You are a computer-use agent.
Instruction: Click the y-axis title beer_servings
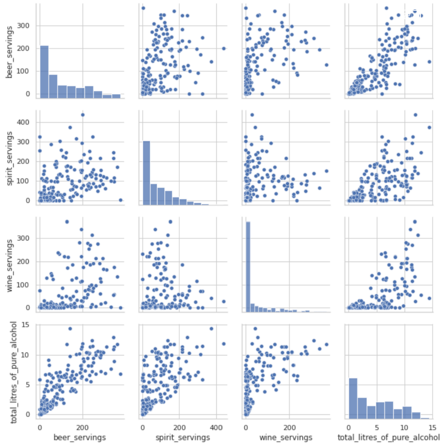click(x=9, y=52)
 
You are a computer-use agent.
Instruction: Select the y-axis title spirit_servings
click(x=9, y=158)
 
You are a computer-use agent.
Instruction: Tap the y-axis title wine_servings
click(x=9, y=265)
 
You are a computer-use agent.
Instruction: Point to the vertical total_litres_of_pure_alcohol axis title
click(x=14, y=372)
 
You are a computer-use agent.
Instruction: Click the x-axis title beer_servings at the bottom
click(x=79, y=437)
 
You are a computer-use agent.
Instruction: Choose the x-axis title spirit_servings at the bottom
click(x=183, y=437)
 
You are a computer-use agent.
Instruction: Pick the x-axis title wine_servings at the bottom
click(x=286, y=437)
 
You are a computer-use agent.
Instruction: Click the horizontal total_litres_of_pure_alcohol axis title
click(x=388, y=437)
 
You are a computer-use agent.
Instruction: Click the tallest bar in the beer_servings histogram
click(x=44, y=72)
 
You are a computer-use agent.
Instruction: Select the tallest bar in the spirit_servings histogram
click(x=146, y=173)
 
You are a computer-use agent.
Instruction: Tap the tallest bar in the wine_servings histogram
click(x=247, y=267)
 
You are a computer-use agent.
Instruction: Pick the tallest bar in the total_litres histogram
click(x=353, y=398)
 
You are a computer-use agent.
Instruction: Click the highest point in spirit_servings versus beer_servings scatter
click(x=82, y=115)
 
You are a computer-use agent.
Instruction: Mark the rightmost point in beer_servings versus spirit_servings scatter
click(x=223, y=48)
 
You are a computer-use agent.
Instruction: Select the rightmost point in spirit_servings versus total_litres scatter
click(x=429, y=128)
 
